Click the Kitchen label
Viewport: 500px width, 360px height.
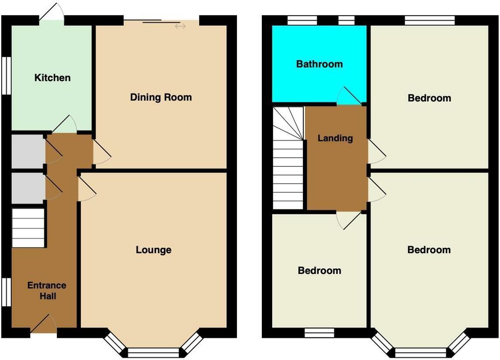(52, 77)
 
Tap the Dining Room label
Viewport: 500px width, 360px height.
(161, 97)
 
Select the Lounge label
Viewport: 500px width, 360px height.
(154, 250)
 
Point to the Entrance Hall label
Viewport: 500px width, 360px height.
(47, 291)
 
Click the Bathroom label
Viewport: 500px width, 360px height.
(319, 64)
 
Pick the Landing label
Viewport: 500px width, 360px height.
(335, 138)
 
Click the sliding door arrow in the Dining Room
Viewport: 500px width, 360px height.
(180, 26)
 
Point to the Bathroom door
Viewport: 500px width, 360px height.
(349, 95)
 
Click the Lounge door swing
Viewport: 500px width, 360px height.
(87, 190)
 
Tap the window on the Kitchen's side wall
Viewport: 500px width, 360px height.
(7, 76)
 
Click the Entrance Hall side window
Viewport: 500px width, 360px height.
(7, 292)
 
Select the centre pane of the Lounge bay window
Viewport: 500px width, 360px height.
(153, 353)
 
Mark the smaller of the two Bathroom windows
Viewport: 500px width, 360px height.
(346, 21)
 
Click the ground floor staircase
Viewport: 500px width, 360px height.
(28, 228)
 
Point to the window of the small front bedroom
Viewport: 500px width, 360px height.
(319, 333)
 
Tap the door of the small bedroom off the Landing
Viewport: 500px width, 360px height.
(349, 221)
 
